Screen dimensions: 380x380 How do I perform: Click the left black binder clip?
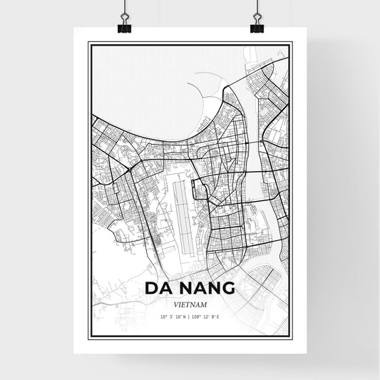tap(125, 26)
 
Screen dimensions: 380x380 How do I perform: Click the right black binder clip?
tap(257, 26)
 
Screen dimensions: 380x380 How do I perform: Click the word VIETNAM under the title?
tap(190, 304)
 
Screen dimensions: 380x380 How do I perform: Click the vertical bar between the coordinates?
tap(190, 317)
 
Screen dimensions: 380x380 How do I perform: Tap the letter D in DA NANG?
tap(151, 289)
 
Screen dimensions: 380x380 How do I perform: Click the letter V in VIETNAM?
tap(173, 304)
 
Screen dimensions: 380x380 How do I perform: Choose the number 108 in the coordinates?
tap(198, 317)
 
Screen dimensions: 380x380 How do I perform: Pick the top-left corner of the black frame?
tap(88, 44)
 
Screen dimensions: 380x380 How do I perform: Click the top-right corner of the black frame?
tap(291, 44)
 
